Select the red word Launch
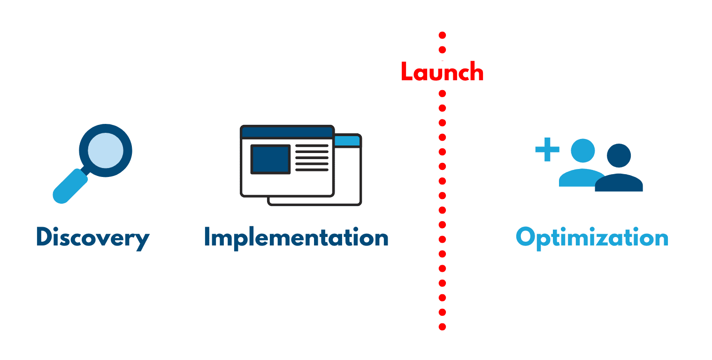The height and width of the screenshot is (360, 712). coord(442,71)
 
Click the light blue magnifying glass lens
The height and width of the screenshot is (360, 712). coord(106,150)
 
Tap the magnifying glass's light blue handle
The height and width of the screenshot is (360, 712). coord(70,186)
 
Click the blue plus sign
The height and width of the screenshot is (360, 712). coord(547,149)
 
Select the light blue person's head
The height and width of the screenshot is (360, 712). coord(582,151)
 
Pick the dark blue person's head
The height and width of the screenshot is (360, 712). coord(619,156)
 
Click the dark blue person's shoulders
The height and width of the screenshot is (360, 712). coord(619,183)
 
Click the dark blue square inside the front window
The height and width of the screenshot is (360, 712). coord(270,159)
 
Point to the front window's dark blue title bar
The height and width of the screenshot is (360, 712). coord(287,132)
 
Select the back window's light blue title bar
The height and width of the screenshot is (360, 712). coord(347,141)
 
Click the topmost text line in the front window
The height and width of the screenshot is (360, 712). coord(312,146)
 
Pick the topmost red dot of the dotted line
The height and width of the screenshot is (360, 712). coord(442,35)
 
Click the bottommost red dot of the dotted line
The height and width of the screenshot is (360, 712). coord(442,327)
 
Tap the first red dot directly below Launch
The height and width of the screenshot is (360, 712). coord(442,93)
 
